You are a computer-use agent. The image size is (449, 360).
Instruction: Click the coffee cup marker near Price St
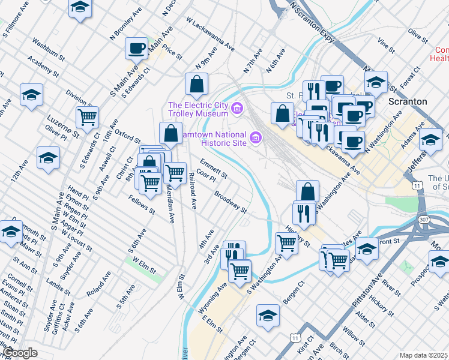tap(136, 49)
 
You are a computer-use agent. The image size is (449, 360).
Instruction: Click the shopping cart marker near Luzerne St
tap(88, 118)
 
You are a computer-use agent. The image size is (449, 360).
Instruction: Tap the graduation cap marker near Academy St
tap(31, 94)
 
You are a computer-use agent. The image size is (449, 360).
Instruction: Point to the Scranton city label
tap(408, 101)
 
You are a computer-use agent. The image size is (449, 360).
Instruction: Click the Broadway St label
tap(231, 203)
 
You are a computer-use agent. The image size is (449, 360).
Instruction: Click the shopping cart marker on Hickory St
tap(286, 243)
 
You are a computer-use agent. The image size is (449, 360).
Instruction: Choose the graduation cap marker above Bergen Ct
tap(268, 316)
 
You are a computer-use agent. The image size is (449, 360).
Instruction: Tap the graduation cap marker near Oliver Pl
tap(48, 157)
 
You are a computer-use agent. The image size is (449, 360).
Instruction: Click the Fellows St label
tap(141, 204)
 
